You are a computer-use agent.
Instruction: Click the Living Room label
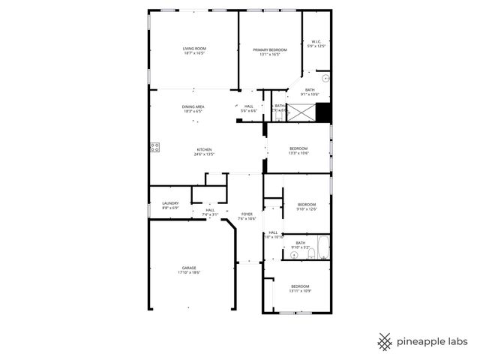[x=194, y=49]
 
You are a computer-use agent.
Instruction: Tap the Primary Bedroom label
[x=269, y=49]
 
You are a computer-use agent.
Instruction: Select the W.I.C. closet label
[x=316, y=41]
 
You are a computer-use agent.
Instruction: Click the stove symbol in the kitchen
[x=155, y=147]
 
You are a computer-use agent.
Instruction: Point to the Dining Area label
[x=193, y=106]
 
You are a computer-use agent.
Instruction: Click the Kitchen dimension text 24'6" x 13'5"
[x=205, y=154]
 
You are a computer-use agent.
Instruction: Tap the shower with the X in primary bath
[x=301, y=113]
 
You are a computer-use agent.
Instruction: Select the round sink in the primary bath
[x=325, y=78]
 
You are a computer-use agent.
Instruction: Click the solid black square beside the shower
[x=323, y=112]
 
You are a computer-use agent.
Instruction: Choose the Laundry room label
[x=170, y=202]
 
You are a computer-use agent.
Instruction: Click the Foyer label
[x=247, y=214]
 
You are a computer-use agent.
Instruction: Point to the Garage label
[x=189, y=268]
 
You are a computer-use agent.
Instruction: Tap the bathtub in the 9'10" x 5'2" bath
[x=322, y=247]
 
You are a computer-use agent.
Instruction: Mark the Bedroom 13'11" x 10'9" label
[x=300, y=286]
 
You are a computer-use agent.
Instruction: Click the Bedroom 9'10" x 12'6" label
[x=307, y=205]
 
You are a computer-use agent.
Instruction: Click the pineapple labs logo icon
[x=385, y=341]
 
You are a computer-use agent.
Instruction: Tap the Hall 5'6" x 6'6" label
[x=248, y=106]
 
